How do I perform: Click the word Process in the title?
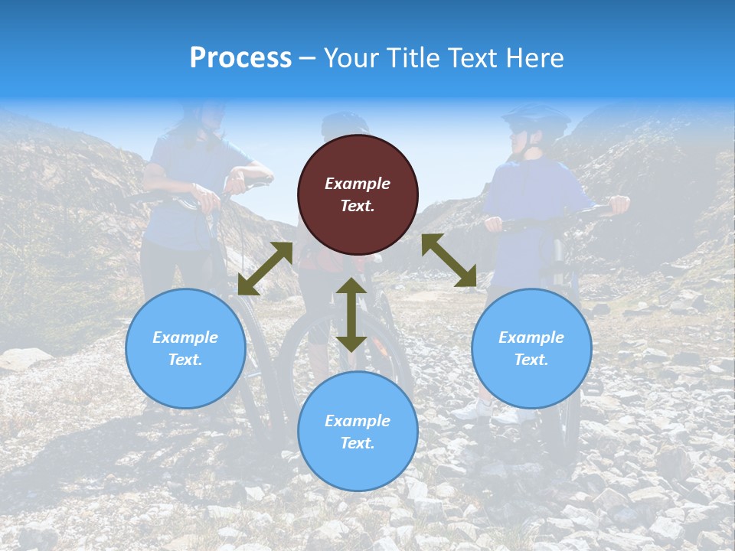coord(240,58)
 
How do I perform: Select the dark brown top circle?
coord(358,194)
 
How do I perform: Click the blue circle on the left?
coord(185,348)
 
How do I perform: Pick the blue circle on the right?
coord(531,348)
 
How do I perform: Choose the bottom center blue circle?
coord(358,432)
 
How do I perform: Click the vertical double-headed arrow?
coord(351,315)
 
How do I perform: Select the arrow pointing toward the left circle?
coord(265,269)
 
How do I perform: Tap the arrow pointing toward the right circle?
coord(449,260)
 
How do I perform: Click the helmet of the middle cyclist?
coord(344,124)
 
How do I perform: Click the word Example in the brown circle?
coord(358,184)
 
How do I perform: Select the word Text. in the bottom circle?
coord(358,443)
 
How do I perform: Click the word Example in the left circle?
coord(185,337)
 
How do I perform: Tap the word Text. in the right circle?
coord(531,360)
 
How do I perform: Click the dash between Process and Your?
coord(308,59)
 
